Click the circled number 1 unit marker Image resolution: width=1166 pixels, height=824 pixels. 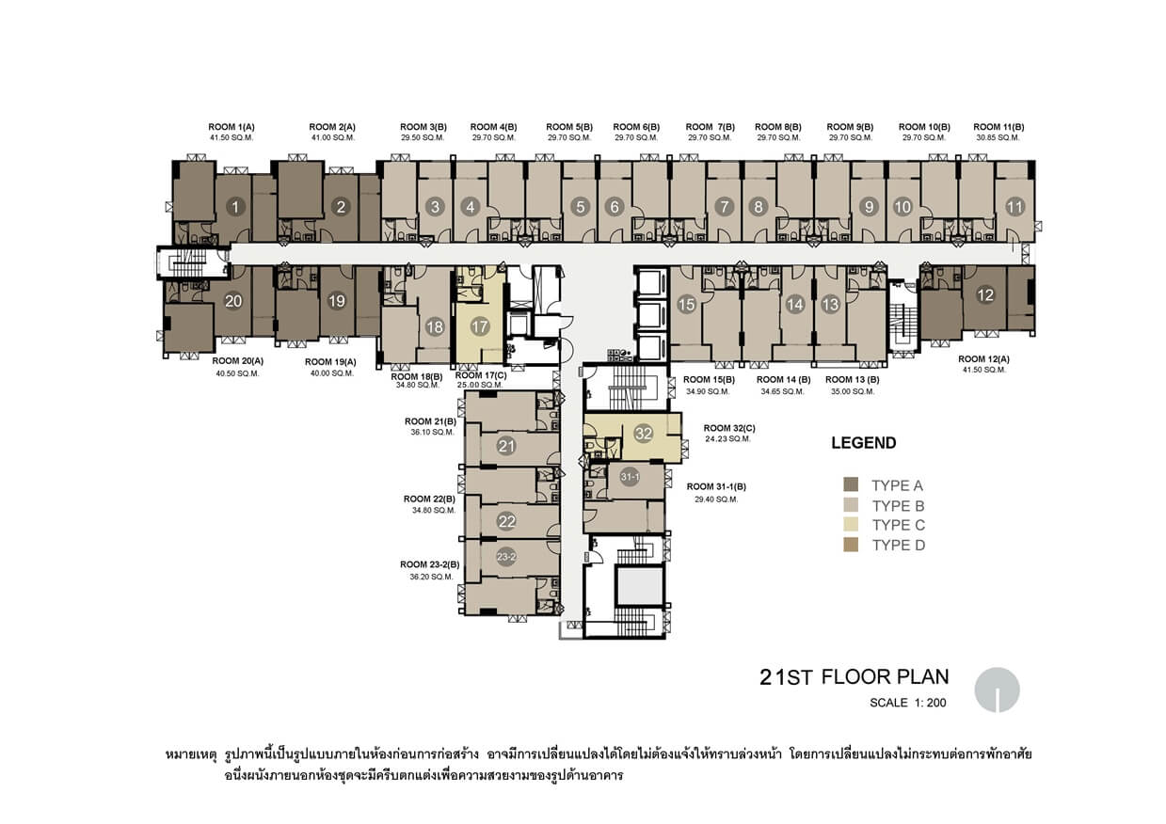[235, 207]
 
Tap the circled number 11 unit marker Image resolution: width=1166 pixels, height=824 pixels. [1014, 207]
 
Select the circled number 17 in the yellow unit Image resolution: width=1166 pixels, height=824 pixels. [479, 326]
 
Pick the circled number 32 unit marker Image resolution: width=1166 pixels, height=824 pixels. [644, 434]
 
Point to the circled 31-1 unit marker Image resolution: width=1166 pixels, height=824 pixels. [630, 477]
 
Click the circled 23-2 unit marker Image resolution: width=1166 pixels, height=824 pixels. [506, 557]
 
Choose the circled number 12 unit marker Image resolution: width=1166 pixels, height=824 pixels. [985, 295]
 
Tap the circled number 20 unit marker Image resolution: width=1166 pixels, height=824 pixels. [233, 301]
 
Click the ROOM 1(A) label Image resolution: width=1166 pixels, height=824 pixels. [232, 127]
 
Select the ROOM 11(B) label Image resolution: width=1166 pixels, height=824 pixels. [998, 127]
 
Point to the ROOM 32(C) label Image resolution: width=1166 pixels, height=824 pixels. [729, 428]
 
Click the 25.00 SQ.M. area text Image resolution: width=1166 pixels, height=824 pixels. [480, 385]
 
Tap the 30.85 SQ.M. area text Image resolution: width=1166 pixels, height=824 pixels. [998, 138]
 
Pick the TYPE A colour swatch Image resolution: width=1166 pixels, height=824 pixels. [851, 484]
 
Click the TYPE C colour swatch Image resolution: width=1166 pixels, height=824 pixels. [851, 524]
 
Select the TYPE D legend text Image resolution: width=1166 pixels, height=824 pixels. [899, 546]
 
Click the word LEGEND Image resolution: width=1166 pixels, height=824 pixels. [864, 443]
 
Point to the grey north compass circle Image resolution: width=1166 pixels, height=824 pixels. [997, 689]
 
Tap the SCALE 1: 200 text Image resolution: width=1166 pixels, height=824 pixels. [908, 703]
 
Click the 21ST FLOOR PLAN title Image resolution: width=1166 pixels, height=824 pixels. [855, 676]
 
